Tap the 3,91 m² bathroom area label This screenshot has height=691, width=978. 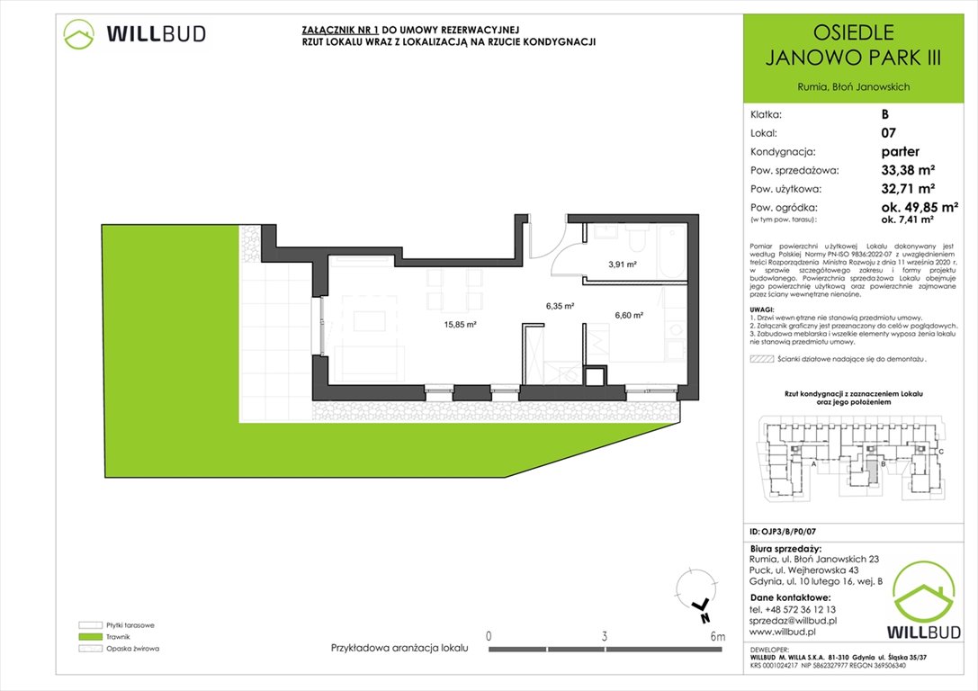(x=623, y=265)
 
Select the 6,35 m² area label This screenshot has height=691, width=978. (x=560, y=306)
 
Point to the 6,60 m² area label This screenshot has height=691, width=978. (x=629, y=315)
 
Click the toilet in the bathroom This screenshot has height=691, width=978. (x=637, y=238)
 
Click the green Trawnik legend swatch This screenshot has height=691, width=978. (x=89, y=636)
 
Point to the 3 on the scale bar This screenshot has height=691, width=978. (x=604, y=637)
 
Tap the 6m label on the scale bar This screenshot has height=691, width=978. (x=717, y=637)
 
